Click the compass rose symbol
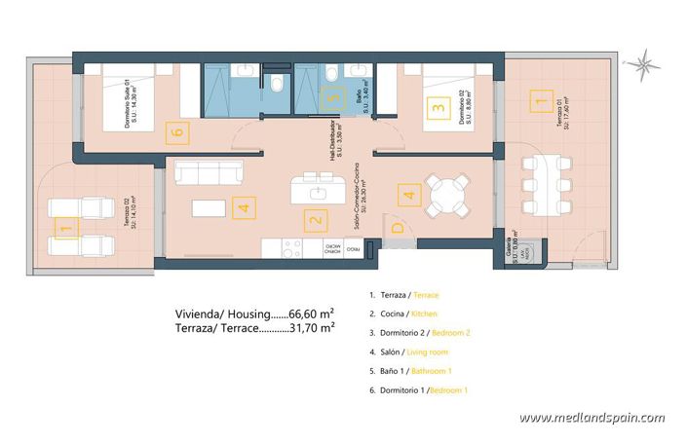tap(642, 65)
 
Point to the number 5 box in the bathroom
tap(333, 97)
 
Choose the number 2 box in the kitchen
tap(315, 221)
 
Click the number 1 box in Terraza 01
tap(535, 98)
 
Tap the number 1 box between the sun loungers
tap(65, 230)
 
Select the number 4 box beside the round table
tap(409, 196)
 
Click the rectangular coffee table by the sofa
tap(208, 207)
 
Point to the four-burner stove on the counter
tap(290, 250)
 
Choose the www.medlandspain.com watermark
tap(592, 418)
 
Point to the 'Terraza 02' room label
tap(128, 215)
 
